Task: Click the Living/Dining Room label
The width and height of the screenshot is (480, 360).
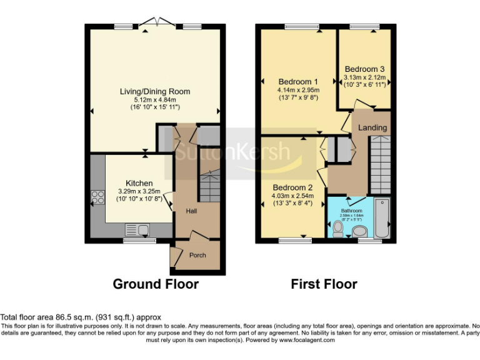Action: pos(154,92)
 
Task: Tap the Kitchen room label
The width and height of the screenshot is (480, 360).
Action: pos(139,183)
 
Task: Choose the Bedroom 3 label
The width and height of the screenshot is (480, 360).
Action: pos(364,69)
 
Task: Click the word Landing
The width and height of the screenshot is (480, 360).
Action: pos(372,127)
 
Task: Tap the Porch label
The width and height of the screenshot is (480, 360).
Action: pos(197,255)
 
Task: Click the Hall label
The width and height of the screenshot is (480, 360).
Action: pos(192,212)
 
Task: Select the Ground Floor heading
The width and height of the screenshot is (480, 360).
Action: pos(156,284)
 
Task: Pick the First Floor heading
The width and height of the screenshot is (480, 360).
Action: pos(324,284)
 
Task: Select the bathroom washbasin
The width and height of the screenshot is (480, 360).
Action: pos(361,232)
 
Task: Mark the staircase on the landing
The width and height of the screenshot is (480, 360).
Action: pos(379,165)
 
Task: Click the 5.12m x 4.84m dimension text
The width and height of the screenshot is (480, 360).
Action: pos(154,100)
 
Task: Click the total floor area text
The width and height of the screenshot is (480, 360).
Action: pos(81,317)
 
